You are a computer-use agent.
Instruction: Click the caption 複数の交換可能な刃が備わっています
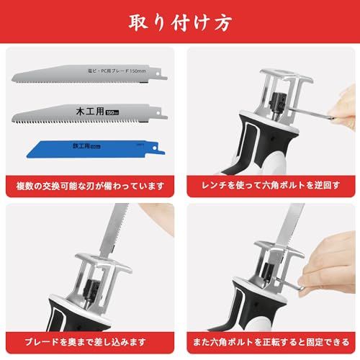tap(90, 186)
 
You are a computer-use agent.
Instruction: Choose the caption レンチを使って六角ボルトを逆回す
tap(269, 186)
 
